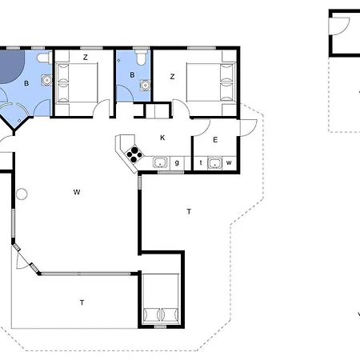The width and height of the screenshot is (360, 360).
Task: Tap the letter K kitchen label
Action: (x=162, y=138)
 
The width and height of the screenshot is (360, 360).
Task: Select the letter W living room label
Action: (x=77, y=192)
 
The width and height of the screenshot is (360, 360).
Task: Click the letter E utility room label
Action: (x=215, y=140)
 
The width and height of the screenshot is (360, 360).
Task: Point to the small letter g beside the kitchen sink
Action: (x=177, y=162)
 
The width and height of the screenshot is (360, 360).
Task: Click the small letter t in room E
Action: (x=201, y=162)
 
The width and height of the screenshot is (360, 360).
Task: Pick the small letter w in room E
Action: (x=229, y=162)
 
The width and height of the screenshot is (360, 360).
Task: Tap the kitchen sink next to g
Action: (x=160, y=162)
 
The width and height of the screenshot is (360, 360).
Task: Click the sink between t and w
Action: (x=215, y=163)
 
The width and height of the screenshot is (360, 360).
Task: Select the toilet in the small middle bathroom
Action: (x=140, y=57)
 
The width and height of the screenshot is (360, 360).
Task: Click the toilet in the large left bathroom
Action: (x=44, y=58)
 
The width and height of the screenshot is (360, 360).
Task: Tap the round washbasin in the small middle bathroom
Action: (x=146, y=85)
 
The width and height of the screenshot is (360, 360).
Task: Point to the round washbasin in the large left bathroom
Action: (x=46, y=80)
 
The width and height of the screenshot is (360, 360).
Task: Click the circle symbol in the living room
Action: (x=22, y=194)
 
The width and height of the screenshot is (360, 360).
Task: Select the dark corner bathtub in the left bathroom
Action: (x=10, y=66)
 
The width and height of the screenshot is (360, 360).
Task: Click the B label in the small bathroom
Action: (x=132, y=75)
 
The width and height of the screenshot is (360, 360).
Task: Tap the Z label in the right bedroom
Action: (x=172, y=77)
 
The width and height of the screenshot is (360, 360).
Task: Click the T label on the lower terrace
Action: (x=82, y=302)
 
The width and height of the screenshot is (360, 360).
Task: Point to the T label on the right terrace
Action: (x=189, y=211)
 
